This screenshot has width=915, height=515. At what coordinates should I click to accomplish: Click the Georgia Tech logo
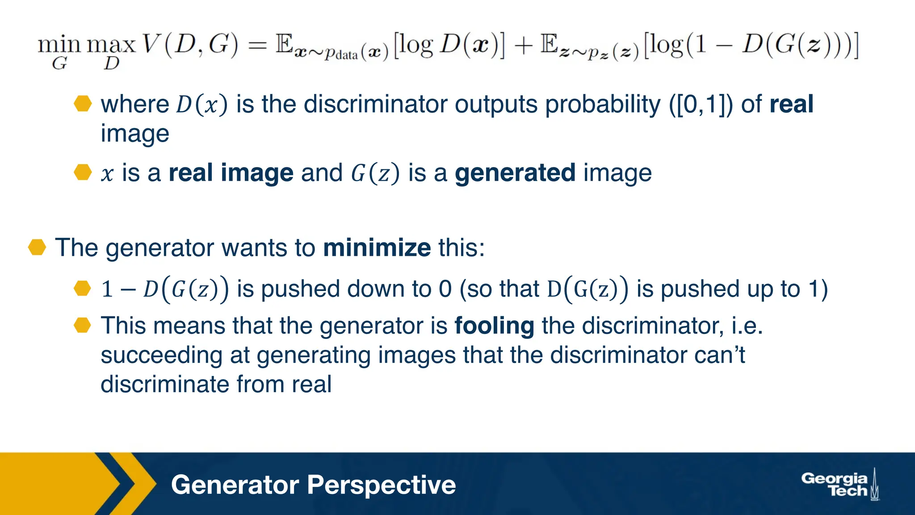[x=840, y=485]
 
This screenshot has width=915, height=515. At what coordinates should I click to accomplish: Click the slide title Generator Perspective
[x=313, y=485]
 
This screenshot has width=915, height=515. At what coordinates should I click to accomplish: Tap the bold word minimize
[x=377, y=247]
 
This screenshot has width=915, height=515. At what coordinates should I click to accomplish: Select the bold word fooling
[x=494, y=325]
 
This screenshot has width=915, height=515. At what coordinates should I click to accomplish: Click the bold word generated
[x=515, y=173]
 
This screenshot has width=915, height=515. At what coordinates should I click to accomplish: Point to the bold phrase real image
[x=231, y=173]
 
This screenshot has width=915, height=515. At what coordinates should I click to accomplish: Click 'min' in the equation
[x=59, y=44]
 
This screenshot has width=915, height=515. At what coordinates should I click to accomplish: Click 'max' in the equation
[x=111, y=44]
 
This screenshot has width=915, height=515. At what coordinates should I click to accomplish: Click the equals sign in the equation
[x=257, y=45]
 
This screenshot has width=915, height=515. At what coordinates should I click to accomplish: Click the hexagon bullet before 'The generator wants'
[x=37, y=247]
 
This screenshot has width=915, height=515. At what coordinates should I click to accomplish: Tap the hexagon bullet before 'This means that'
[x=83, y=325]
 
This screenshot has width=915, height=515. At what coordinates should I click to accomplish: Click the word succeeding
[x=161, y=356]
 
